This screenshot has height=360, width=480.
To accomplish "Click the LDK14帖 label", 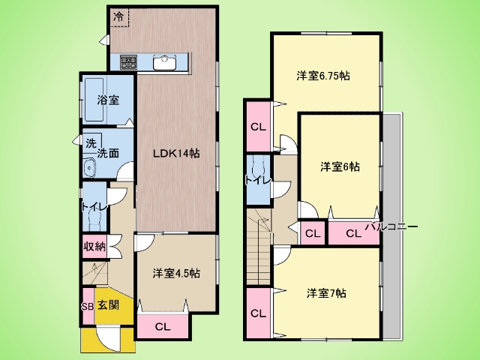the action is tap(176, 153).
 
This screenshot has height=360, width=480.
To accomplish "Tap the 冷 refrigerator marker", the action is tap(118, 16).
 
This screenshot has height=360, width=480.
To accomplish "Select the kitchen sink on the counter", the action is tap(165, 63).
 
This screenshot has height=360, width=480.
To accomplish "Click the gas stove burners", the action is tap(128, 62).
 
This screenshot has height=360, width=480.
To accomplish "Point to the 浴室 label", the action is tap(108, 100).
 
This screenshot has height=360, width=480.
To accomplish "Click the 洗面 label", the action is tap(108, 153).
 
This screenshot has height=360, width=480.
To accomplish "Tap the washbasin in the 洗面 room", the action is tap(89, 168).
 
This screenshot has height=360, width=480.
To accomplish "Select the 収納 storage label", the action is tap(95, 247).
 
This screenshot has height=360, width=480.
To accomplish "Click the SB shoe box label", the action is tap(87, 307).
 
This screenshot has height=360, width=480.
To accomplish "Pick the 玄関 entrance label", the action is tap(108, 305).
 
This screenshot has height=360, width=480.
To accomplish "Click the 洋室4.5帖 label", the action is tap(176, 273).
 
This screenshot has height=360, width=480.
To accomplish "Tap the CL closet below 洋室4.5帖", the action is tap(163, 327).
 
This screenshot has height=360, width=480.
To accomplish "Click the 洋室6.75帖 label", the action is tap(323, 76).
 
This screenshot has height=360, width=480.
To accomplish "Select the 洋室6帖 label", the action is tap(340, 166).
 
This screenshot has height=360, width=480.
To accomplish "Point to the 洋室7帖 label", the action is tap(326, 293).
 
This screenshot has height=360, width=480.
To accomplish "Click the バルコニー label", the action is tap(392, 226).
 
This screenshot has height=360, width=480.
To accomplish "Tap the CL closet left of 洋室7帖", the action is tap(258, 313).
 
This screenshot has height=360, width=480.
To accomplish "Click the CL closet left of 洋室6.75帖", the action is tap(258, 127).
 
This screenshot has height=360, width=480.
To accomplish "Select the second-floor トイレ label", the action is tap(258, 181).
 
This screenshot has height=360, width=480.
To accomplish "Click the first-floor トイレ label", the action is tap(94, 207).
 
